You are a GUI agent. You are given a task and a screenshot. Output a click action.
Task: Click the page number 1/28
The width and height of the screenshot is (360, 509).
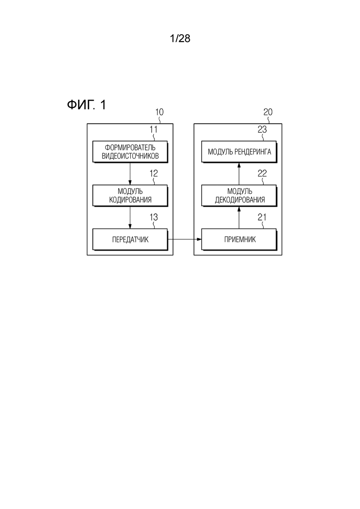click(180, 39)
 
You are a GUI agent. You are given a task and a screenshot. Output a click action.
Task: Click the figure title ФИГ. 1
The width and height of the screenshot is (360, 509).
click(86, 105)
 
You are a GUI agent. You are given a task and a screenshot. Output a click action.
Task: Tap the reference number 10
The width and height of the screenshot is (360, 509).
click(159, 112)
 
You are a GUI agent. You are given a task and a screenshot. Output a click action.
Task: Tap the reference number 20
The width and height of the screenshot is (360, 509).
click(268, 112)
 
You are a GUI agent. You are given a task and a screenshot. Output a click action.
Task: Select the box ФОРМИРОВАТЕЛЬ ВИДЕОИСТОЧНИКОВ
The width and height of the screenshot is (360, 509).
click(130, 152)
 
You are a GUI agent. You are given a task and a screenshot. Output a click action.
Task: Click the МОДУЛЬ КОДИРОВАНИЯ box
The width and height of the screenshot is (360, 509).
click(130, 196)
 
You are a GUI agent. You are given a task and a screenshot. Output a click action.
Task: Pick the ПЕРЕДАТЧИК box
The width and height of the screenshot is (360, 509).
click(130, 240)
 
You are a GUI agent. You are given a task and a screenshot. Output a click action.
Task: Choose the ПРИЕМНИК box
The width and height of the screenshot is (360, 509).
click(239, 240)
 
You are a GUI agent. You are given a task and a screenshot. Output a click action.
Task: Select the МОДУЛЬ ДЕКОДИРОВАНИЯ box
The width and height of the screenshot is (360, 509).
click(239, 196)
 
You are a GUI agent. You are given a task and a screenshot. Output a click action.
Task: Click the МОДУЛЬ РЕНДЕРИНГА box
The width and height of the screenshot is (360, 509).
click(239, 152)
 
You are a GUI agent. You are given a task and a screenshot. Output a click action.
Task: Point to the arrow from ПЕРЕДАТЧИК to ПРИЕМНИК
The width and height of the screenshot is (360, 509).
click(184, 240)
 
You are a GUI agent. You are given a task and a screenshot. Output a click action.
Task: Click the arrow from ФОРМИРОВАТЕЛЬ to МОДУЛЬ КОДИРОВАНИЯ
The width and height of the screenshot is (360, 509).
click(130, 174)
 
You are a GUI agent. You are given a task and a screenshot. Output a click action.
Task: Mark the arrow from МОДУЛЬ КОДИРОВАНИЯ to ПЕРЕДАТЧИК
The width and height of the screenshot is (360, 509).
click(130, 217)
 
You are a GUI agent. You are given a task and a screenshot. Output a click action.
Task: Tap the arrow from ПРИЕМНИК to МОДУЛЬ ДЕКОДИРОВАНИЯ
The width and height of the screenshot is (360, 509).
click(239, 217)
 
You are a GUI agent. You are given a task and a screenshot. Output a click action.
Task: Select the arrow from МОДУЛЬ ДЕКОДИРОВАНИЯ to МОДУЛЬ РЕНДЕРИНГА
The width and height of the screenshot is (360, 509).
click(239, 174)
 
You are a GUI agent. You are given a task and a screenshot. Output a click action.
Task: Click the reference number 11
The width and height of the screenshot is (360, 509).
click(153, 130)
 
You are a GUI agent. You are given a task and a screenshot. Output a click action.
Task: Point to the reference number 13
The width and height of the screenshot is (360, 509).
click(153, 217)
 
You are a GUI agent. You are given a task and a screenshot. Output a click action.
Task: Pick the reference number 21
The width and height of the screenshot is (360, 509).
click(262, 217)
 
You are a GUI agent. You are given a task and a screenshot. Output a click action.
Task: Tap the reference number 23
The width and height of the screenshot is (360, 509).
click(262, 130)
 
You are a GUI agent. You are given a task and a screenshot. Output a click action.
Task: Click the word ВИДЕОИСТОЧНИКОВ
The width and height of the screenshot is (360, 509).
click(130, 156)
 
